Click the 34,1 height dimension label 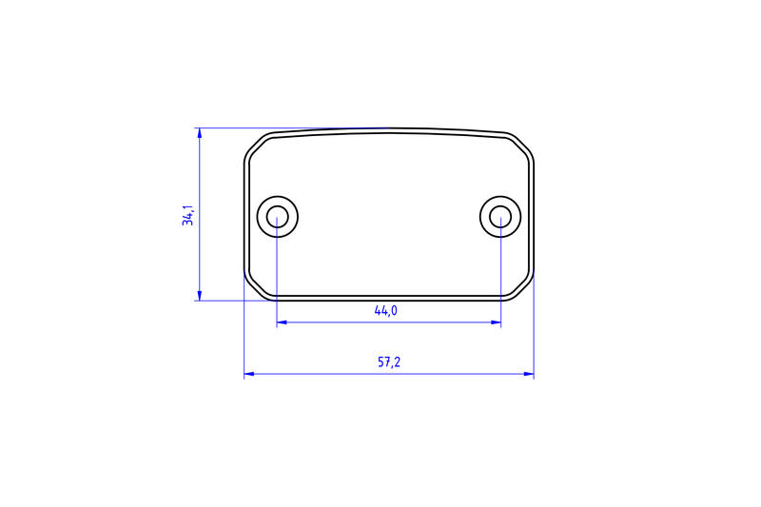(x=187, y=215)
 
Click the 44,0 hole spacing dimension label (x=386, y=310)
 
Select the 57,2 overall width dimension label (x=389, y=361)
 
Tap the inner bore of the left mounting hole (x=277, y=216)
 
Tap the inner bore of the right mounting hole (x=500, y=216)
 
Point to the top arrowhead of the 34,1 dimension (x=200, y=132)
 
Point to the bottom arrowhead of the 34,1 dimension (x=200, y=296)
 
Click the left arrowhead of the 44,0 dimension (x=282, y=322)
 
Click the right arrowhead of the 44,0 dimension (x=496, y=322)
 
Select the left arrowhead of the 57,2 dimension (x=249, y=374)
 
